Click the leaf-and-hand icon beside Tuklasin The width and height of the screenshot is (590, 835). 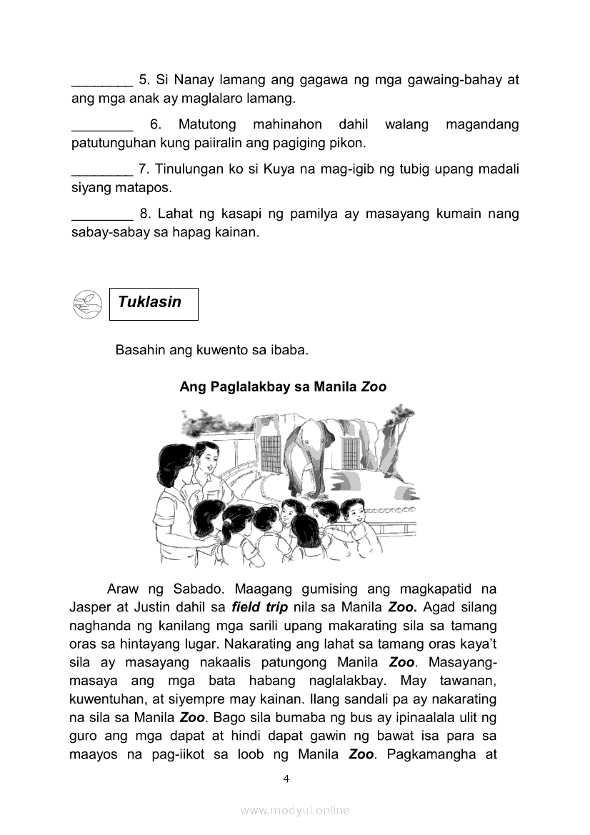88,304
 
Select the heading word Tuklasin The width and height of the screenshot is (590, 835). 149,302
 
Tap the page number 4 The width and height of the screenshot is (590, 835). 286,779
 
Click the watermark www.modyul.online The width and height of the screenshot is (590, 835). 295,810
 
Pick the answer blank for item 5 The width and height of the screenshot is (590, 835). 102,81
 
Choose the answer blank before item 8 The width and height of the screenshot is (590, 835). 102,215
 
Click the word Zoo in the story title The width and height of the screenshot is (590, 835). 374,387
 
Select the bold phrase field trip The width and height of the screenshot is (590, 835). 260,609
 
